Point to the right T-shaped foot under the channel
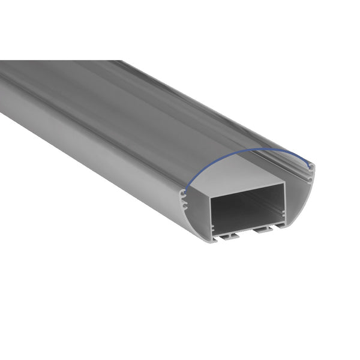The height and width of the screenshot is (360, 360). coord(260,230)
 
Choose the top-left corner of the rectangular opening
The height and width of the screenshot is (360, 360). coord(211,199)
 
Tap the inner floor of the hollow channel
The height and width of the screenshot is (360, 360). coord(246,224)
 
